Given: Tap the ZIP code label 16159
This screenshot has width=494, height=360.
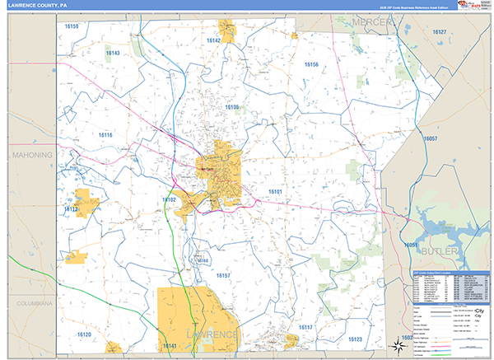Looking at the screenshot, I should click(72, 26).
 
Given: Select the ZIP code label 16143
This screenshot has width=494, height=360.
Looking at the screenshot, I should click(113, 53).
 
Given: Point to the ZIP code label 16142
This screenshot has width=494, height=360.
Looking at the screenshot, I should click(214, 40).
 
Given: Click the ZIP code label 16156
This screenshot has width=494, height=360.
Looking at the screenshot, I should click(310, 63).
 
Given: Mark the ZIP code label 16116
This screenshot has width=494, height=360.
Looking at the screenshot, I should click(105, 134).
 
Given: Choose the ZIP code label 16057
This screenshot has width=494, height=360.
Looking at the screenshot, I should click(429, 139).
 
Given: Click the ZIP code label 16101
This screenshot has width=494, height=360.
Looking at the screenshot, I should click(275, 191).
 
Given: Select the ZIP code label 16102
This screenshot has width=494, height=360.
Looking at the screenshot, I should click(169, 199).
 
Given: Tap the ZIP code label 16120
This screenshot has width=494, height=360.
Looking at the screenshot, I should click(84, 334).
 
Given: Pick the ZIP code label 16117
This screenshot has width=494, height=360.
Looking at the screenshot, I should click(305, 327).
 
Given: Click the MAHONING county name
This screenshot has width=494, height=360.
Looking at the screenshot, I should click(32, 155).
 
